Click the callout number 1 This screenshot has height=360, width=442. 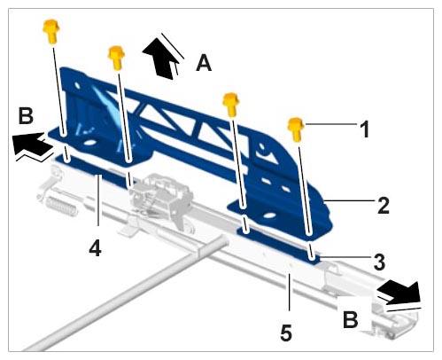(x=365, y=129)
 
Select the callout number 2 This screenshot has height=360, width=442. (x=383, y=205)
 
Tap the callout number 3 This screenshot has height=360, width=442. (x=379, y=262)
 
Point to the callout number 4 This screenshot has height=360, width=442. (x=95, y=247)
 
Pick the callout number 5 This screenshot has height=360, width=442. (x=286, y=333)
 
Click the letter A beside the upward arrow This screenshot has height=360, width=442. (x=204, y=63)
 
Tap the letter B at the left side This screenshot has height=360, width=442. (x=26, y=115)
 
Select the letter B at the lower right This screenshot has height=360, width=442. (x=351, y=319)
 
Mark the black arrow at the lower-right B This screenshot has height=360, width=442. (x=399, y=293)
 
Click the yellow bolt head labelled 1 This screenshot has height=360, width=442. (x=296, y=129)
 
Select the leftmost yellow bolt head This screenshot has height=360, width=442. (x=51, y=31)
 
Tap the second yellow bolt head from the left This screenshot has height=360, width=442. (x=116, y=58)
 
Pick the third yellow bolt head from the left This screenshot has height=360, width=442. (x=230, y=105)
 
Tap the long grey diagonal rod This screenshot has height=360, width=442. (x=124, y=295)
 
